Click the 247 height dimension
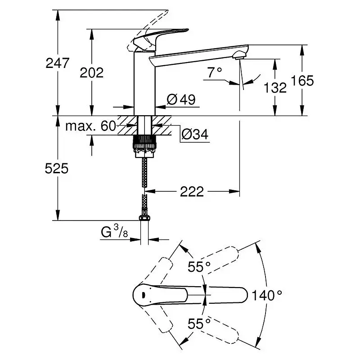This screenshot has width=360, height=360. tap(58, 63)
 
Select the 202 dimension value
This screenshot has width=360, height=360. tap(92, 73)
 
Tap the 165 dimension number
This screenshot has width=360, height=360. tap(302, 81)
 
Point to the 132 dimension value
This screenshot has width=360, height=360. tap(275, 87)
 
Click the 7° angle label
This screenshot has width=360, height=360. tap(215, 72)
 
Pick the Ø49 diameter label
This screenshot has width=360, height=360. tap(181, 99)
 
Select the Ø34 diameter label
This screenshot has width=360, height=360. tap(195, 134)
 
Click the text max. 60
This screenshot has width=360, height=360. tap(90, 126)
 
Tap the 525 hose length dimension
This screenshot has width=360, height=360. tap(57, 168)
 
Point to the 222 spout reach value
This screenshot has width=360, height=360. tap(192, 191)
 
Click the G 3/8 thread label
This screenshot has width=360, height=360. tap(114, 231)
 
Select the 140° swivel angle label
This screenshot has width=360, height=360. tap(267, 295)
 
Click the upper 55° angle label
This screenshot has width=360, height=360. tap(199, 266)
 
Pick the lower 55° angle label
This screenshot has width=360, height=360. tap(199, 324)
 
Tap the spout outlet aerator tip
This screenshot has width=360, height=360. tap(239, 55)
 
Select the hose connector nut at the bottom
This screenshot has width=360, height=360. tap(144, 217)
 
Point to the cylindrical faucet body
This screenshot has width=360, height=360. tap(144, 84)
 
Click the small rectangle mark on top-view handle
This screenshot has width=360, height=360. tap(143, 295)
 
